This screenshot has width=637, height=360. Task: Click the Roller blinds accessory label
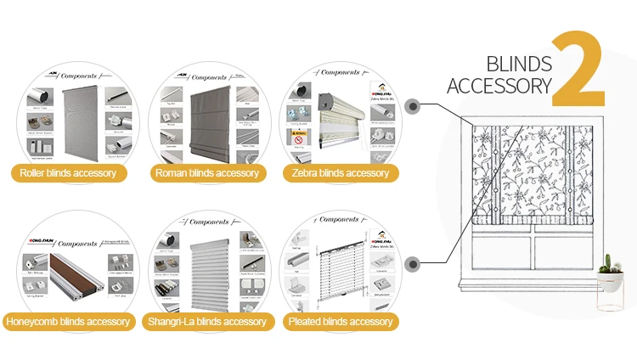pos(72,173)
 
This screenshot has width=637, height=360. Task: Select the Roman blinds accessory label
pos(206,173)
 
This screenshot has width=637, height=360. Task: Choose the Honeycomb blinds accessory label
pos(68,322)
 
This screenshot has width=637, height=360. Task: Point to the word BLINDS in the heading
pos(519,64)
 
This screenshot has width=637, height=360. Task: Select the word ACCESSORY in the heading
pos(499,85)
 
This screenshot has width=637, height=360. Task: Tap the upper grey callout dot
pos(414,107)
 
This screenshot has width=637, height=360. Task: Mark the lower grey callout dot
pos(414,264)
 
